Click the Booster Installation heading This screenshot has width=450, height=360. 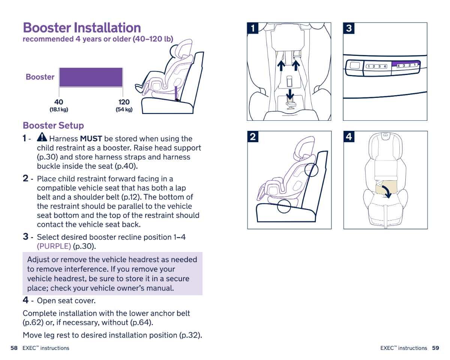82,28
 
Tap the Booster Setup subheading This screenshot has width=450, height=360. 53,125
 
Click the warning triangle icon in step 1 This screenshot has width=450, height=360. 42,137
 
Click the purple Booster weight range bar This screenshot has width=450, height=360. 91,77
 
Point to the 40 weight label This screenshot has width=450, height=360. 58,102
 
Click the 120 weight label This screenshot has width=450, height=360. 124,102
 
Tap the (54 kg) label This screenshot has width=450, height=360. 124,109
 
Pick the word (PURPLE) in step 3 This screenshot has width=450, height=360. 54,246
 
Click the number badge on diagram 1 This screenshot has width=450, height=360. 253,28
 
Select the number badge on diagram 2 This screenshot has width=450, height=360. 253,137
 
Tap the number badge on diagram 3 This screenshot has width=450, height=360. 349,28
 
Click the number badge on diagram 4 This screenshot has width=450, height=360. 349,137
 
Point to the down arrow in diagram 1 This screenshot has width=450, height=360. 290,93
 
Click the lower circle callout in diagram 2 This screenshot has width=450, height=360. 284,205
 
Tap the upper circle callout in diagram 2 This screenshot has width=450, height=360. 311,169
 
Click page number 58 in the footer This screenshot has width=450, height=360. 14,348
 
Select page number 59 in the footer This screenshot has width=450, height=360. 435,348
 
